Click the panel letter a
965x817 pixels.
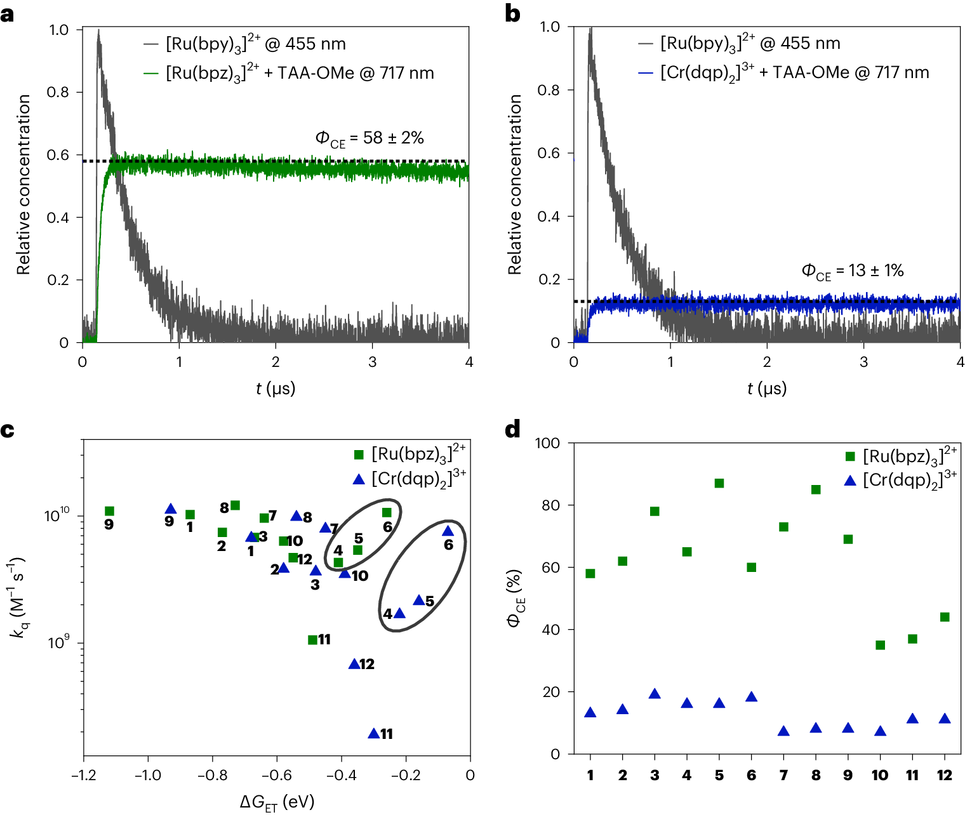coord(8,14)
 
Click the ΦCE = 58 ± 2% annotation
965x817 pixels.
coord(369,138)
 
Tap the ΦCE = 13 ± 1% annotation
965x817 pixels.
coord(852,271)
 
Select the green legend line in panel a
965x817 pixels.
coord(151,74)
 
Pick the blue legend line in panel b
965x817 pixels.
coord(646,73)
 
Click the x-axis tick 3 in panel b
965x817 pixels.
coord(863,362)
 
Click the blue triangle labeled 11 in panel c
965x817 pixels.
coord(374,733)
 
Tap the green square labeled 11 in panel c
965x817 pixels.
coord(312,640)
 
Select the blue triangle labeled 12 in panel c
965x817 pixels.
coord(354,664)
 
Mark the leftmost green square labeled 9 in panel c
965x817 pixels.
coord(109,511)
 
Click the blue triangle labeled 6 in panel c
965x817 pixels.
coord(448,531)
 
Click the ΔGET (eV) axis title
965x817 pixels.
coord(277,802)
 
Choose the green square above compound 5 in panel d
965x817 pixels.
coord(719,483)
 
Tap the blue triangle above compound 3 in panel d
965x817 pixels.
coord(655,694)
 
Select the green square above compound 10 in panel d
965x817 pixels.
coord(880,645)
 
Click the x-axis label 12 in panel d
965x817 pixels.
coord(945,775)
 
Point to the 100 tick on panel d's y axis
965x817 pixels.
coord(547,443)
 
